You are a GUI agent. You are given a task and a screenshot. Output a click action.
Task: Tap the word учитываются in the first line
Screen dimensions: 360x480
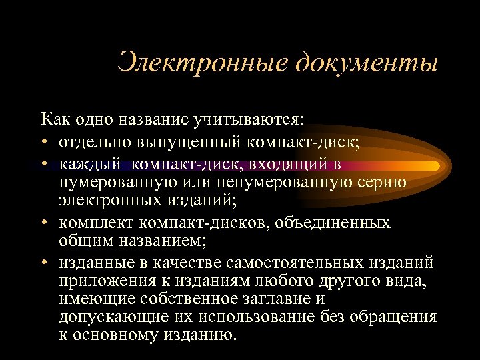258,120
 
